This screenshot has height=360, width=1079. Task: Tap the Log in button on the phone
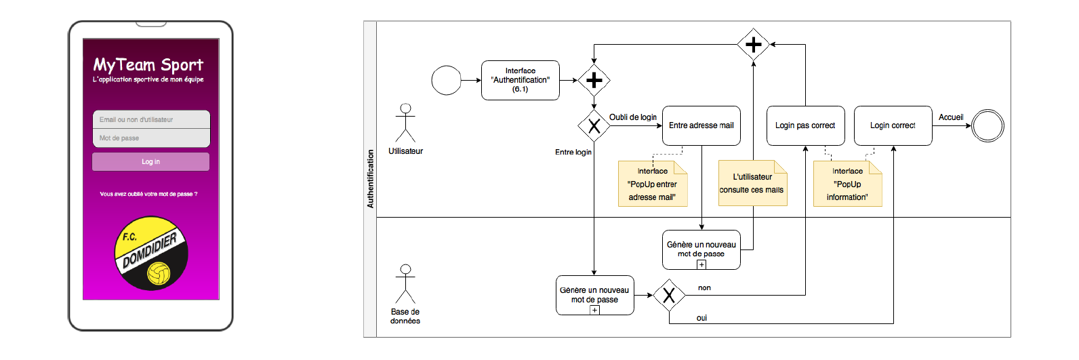[x=150, y=162]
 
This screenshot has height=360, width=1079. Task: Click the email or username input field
[x=151, y=119]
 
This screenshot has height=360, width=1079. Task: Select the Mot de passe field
[x=151, y=138]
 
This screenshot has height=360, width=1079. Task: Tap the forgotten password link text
[x=148, y=194]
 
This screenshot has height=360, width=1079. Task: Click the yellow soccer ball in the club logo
[x=159, y=273]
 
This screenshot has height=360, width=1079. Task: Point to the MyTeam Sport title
[x=148, y=64]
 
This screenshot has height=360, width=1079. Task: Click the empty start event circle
[x=447, y=81]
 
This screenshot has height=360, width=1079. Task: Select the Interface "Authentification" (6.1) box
[x=521, y=80]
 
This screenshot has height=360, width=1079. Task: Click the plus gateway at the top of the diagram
[x=754, y=45]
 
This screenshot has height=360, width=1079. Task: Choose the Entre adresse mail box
[x=701, y=126]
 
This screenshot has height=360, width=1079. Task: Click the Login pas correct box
[x=805, y=126]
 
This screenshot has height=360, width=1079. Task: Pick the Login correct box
[x=893, y=126]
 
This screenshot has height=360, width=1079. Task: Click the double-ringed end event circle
[x=988, y=126]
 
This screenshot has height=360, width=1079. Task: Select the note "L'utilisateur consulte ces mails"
[x=752, y=183]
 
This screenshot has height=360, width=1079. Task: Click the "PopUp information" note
[x=848, y=184]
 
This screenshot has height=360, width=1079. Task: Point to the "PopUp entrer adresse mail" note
[x=653, y=184]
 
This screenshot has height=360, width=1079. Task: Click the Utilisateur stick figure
[x=405, y=123]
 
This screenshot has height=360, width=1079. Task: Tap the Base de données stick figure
[x=405, y=284]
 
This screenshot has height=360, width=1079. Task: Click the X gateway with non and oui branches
[x=669, y=295]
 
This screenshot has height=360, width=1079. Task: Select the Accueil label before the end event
[x=951, y=117]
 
